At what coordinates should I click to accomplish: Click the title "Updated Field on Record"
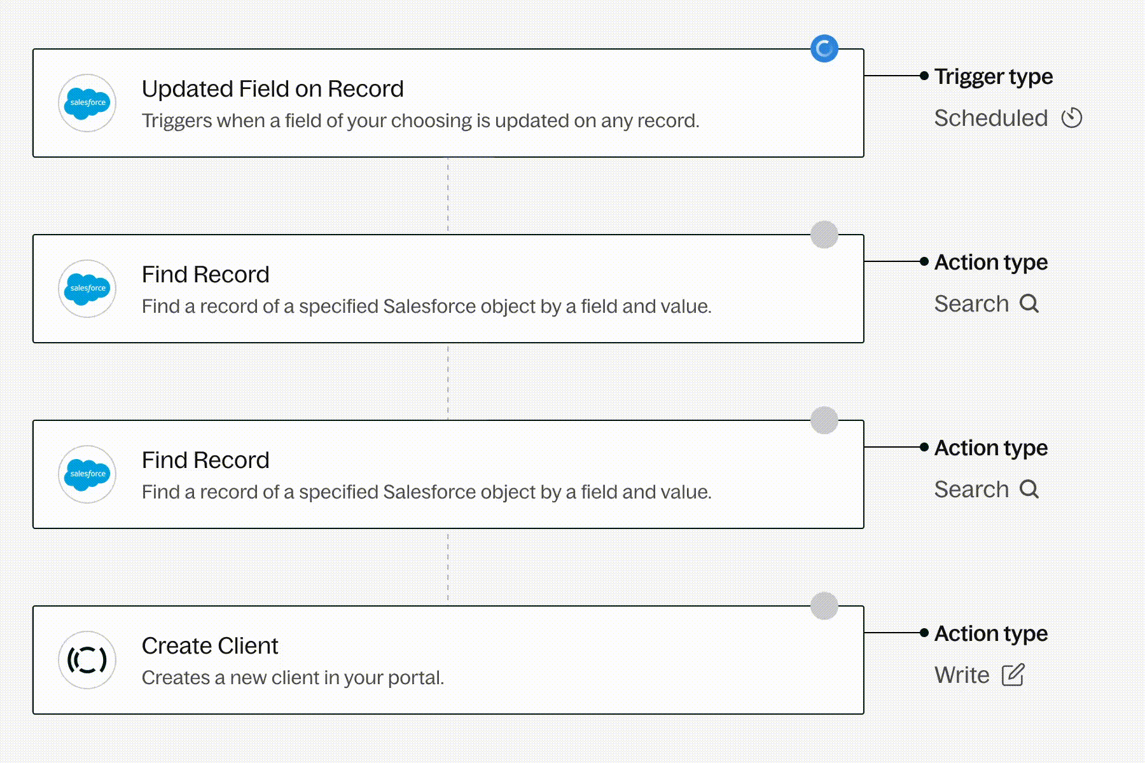coord(272,89)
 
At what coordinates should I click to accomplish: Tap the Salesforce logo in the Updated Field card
coord(87,103)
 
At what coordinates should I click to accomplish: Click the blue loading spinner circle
coord(824,48)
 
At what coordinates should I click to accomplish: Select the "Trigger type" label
coord(994,77)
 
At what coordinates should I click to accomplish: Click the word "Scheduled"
coord(991,118)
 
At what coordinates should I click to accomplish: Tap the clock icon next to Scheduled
coord(1072,118)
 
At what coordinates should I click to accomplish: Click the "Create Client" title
coord(210,646)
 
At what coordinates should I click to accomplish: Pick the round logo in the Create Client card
coord(87,660)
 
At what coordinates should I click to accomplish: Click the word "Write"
coord(962,675)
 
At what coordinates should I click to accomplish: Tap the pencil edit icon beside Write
coord(1013,675)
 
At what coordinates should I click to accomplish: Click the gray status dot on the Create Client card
coord(824,605)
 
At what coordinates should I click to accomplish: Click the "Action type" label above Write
coord(991,634)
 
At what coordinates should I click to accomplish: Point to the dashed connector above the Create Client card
coord(448,567)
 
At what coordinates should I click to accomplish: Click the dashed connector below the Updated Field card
coord(448,196)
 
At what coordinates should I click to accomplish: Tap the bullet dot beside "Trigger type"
coord(924,76)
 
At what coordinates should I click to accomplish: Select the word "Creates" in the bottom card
coord(176,678)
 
